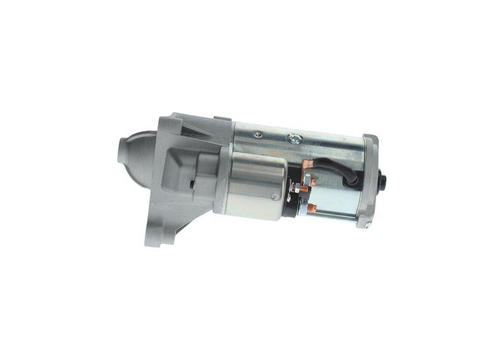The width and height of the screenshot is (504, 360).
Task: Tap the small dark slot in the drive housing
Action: [x=191, y=184]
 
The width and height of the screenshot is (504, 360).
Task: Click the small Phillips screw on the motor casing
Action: [x=257, y=134]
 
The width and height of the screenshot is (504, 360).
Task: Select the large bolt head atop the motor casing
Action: [x=294, y=139]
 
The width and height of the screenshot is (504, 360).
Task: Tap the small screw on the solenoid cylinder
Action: [x=273, y=196]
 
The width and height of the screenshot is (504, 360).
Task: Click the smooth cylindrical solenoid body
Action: [x=255, y=186]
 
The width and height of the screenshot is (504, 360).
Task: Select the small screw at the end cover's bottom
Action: [x=362, y=222]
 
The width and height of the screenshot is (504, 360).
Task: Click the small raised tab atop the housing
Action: [x=222, y=119]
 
